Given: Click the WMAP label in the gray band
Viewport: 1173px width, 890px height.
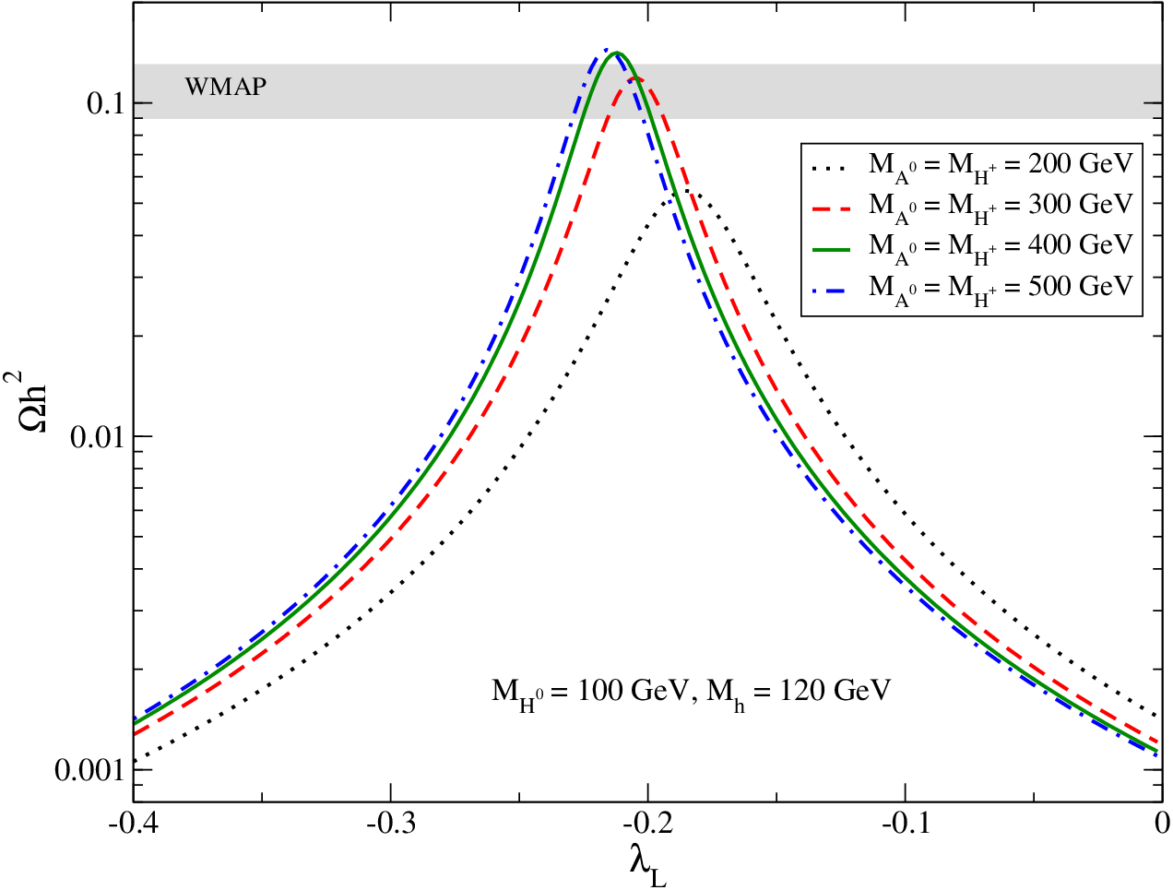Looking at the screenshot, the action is click(x=226, y=87).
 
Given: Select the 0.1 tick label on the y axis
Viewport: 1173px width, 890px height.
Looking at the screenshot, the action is click(x=106, y=102).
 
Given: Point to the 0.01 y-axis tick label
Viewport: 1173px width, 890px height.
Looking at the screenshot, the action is click(x=97, y=437).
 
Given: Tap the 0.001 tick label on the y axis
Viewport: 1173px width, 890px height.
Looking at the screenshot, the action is click(x=89, y=770).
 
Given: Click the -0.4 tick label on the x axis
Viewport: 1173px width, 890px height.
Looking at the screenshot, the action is click(x=134, y=824).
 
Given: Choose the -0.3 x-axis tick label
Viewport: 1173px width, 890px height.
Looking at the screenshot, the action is click(x=391, y=824).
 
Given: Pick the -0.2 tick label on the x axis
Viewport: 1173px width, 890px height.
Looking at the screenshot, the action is click(x=648, y=824).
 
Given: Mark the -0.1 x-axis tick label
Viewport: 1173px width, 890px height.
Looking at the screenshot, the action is click(x=906, y=824).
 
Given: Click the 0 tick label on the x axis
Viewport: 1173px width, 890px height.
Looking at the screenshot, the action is click(x=1162, y=824).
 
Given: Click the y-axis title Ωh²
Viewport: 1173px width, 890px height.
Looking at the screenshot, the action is click(x=27, y=402).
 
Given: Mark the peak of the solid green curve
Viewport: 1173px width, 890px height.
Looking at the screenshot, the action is click(x=617, y=53).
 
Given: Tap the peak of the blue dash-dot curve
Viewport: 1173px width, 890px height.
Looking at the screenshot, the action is click(x=607, y=49).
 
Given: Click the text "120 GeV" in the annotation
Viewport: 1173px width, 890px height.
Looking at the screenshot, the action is click(x=835, y=690).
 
